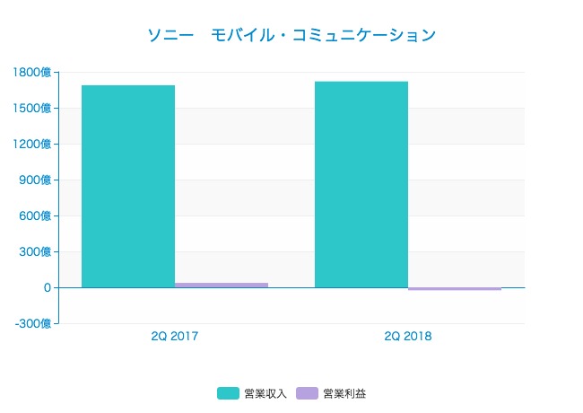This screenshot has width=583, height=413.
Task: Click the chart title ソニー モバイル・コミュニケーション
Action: tap(291, 36)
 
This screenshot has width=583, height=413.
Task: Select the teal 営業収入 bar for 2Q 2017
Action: tap(128, 187)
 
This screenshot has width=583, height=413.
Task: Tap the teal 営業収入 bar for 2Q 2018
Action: tap(361, 185)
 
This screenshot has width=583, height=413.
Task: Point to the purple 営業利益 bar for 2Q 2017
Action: tap(222, 285)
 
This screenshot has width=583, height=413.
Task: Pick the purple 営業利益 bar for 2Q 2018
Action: tap(455, 289)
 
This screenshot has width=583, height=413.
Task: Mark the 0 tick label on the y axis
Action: tap(45, 288)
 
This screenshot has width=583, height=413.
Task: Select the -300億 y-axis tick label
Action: tap(33, 324)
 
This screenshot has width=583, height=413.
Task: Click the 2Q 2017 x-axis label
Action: tap(175, 337)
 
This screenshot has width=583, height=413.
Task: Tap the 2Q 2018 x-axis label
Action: tap(408, 337)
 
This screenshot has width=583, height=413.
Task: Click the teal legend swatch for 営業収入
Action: tap(229, 393)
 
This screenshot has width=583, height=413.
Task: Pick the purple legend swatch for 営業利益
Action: tap(308, 393)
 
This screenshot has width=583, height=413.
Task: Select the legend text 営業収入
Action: tap(265, 393)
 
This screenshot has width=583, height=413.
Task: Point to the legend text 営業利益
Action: tap(344, 393)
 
